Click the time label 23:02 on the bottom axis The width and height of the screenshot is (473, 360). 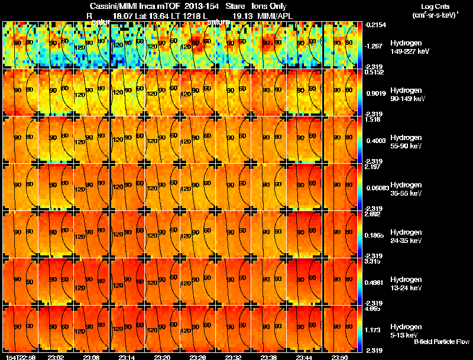(x=56, y=357)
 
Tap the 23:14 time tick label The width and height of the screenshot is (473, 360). (x=127, y=357)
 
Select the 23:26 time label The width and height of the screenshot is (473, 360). (x=198, y=357)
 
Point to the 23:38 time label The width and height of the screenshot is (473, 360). (x=269, y=357)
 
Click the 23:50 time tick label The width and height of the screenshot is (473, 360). (x=340, y=357)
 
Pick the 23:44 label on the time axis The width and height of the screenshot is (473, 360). (x=304, y=357)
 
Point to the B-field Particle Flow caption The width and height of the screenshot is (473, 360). (x=442, y=342)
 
